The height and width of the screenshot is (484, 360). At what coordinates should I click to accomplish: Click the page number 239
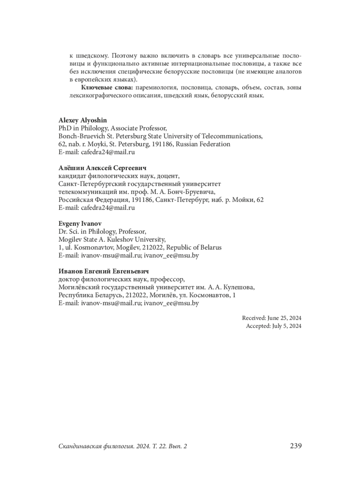click(295, 446)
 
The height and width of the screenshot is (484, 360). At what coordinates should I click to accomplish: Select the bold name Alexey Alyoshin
click(82, 120)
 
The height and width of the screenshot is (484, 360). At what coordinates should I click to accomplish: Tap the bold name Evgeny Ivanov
click(80, 224)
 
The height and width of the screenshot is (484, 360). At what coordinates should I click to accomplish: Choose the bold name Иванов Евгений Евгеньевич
click(103, 271)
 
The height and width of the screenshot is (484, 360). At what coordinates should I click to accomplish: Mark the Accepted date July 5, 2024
click(286, 326)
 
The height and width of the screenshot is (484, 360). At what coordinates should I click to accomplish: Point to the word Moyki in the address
click(101, 144)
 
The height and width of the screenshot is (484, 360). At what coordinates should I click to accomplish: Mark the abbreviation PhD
click(65, 128)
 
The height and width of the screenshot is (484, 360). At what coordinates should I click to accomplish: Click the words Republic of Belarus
click(194, 248)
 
